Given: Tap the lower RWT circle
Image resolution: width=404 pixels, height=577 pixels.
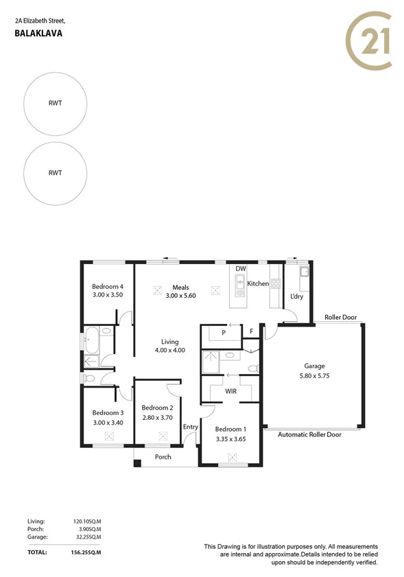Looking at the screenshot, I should click(x=55, y=173).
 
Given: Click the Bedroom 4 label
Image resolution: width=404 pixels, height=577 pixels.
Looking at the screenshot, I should click(x=108, y=287).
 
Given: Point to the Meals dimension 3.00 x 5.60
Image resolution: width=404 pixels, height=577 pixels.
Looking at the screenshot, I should click(x=180, y=296).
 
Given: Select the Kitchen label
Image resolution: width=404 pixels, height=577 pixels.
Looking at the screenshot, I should click(x=258, y=283).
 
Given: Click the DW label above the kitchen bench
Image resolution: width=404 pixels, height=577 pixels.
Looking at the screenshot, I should click(x=240, y=268).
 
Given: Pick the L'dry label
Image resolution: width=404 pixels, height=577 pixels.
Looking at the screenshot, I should click(x=296, y=296).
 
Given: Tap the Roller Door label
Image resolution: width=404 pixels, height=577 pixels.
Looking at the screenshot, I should click(x=340, y=318).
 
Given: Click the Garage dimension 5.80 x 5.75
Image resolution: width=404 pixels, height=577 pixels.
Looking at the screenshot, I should click(x=314, y=375).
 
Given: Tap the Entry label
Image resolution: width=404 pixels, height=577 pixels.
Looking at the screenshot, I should click(x=190, y=427).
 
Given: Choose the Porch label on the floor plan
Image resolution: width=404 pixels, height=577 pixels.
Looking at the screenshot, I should click(x=163, y=457).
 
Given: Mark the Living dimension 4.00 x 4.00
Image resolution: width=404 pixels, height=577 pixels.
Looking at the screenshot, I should click(x=169, y=351).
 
